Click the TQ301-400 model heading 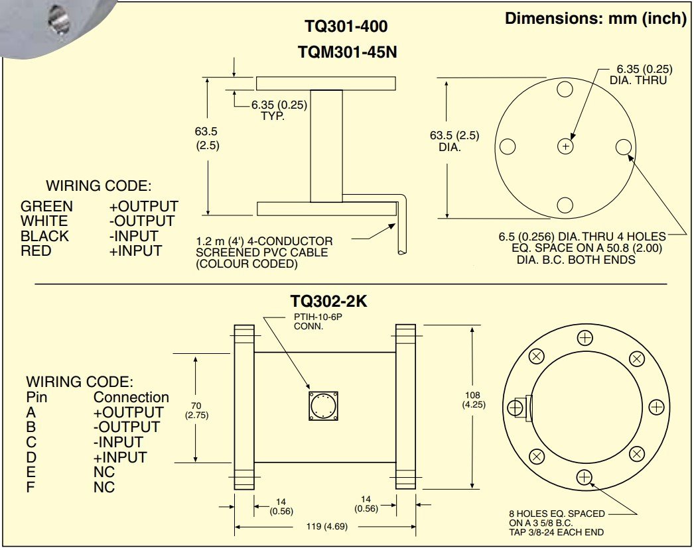point(346,27)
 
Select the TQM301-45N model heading point(346,52)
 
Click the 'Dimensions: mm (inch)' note point(595,18)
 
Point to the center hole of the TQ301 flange point(565,146)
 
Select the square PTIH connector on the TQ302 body point(323,406)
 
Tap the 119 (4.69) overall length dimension point(325,527)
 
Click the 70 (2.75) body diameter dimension point(196,410)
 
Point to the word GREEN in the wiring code point(46,206)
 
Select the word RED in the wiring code point(36,250)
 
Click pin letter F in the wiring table point(31,487)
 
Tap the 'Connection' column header point(131,398)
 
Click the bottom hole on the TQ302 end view point(585,476)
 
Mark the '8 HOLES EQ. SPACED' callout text point(557,514)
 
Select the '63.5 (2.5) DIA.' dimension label point(454,140)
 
